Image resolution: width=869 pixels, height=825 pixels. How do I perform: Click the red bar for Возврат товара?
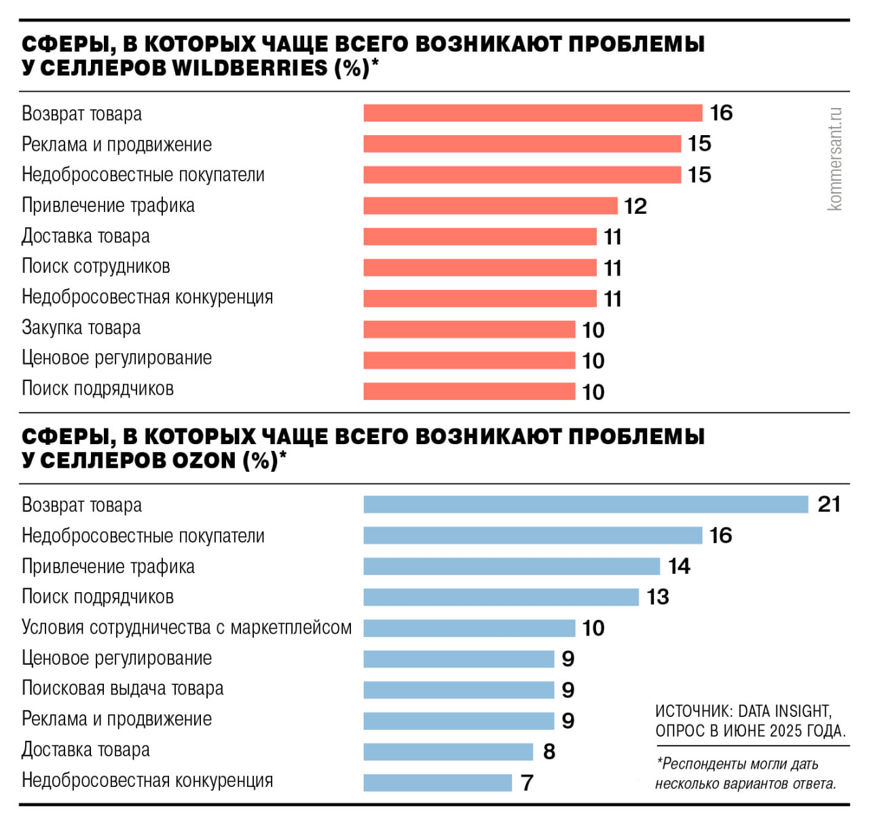pos(532,113)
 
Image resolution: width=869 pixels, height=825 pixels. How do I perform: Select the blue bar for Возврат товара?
pos(585,504)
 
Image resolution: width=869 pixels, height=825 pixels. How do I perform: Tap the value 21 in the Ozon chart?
pos(829,504)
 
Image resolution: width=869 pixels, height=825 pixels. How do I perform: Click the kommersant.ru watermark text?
pos(835,158)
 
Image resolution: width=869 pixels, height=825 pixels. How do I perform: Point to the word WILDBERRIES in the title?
pos(251,68)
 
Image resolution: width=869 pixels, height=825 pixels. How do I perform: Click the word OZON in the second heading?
pos(204,460)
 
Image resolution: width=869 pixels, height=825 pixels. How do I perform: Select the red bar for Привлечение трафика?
pos(490,205)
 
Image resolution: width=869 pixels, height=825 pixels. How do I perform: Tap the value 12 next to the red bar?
pos(635,206)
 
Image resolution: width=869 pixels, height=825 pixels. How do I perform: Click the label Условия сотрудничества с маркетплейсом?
pos(187,627)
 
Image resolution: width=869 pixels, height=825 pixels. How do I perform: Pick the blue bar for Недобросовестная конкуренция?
pos(437,782)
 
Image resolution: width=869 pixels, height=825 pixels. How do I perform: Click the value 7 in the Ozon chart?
pos(527,783)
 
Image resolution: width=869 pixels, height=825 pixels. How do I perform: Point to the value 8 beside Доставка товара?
pos(549,752)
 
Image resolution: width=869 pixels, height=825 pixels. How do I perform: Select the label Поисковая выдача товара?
pos(122,689)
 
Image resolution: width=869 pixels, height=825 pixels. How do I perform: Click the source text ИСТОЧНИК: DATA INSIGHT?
pos(743,711)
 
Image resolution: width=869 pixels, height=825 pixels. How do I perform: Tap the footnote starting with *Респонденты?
pos(745,773)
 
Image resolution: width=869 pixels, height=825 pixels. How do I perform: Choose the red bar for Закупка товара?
pos(469,329)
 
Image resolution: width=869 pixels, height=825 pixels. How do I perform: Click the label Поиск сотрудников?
pos(96,266)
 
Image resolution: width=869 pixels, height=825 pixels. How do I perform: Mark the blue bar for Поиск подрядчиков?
pos(501,597)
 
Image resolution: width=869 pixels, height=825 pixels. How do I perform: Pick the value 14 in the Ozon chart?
pos(679,566)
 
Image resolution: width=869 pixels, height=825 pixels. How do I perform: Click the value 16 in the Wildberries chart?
pos(721,113)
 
